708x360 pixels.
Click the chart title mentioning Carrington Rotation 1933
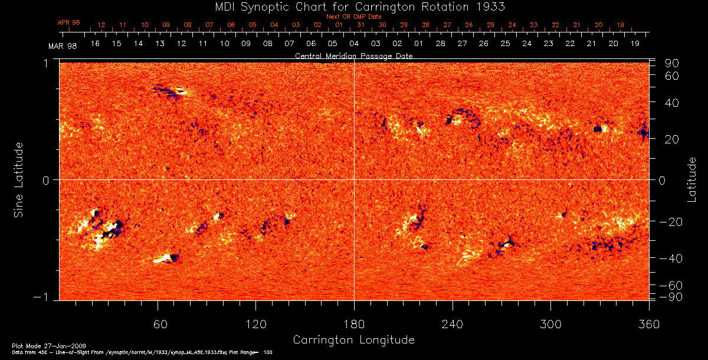click(x=353, y=6)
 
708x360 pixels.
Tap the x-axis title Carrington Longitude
click(x=353, y=340)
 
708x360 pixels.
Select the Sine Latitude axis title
click(x=19, y=179)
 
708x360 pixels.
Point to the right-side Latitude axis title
click(x=692, y=179)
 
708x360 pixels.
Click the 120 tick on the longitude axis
click(x=256, y=325)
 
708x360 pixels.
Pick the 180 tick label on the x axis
click(x=354, y=325)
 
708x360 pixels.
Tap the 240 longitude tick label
click(x=453, y=325)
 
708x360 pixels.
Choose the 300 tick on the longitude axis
click(x=550, y=325)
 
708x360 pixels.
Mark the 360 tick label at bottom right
click(x=649, y=325)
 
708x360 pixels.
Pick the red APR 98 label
click(x=68, y=22)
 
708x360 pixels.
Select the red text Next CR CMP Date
click(x=353, y=17)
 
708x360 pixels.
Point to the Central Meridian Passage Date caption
click(x=353, y=55)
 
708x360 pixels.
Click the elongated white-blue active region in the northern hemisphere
click(x=170, y=91)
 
